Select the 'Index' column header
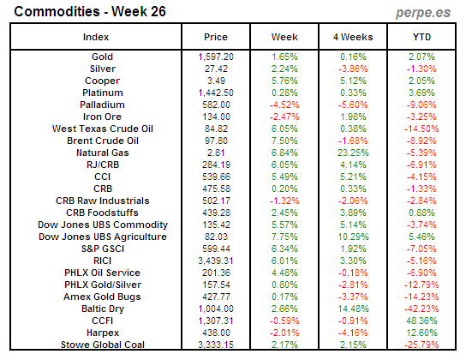coord(95,38)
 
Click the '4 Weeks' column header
coord(353,38)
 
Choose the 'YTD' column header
coord(421,38)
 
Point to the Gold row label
coord(95,56)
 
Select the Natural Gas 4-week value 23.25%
coord(353,152)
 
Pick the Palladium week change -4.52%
coord(284,104)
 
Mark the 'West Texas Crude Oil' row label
coord(95,128)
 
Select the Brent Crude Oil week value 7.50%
coord(284,140)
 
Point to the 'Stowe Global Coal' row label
coord(95,345)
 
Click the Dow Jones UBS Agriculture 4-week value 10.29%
coord(353,237)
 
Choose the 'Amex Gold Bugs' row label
coord(95,297)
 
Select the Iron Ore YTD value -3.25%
coord(421,116)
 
